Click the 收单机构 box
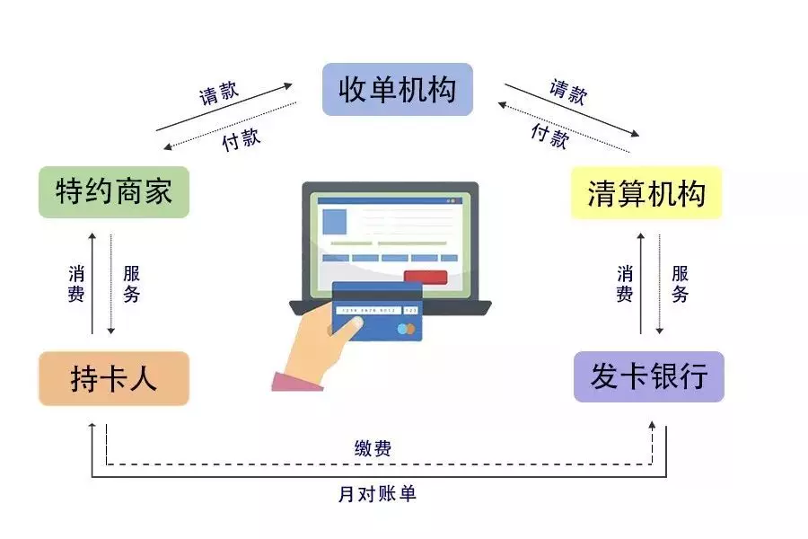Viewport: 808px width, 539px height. (x=397, y=89)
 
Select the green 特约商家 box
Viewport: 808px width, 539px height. (x=114, y=191)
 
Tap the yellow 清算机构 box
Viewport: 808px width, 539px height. (x=646, y=193)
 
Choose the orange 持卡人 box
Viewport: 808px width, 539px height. (x=114, y=378)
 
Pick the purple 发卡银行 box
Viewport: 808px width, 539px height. (x=648, y=376)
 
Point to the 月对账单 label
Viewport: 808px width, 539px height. (x=377, y=493)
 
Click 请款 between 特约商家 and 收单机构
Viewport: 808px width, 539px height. (x=219, y=93)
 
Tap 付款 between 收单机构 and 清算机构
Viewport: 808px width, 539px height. (x=549, y=135)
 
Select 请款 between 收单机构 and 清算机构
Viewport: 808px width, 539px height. (x=568, y=92)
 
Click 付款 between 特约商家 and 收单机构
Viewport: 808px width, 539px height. (x=241, y=137)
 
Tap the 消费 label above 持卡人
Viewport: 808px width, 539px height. (x=76, y=283)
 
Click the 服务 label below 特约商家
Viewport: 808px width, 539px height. (x=131, y=283)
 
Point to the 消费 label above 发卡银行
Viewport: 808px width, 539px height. (x=625, y=283)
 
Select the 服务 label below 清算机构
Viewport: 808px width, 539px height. (x=680, y=283)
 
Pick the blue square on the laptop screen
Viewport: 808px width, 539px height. (x=334, y=221)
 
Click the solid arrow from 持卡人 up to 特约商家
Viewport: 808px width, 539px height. (x=92, y=283)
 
